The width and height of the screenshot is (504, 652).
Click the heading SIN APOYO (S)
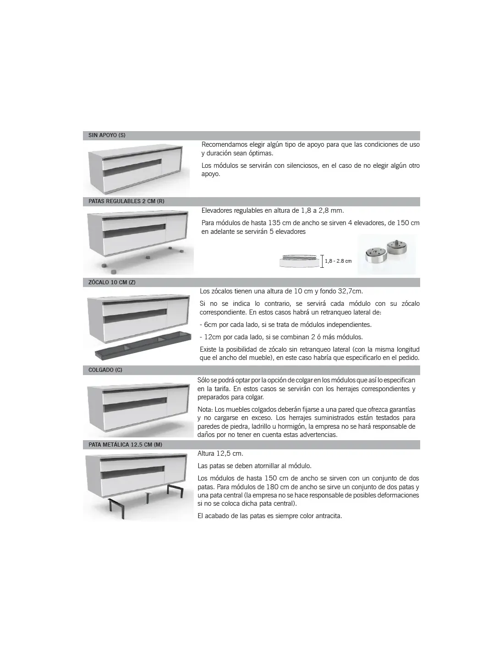tap(107, 135)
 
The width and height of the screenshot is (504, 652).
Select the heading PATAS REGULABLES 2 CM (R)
tap(126, 201)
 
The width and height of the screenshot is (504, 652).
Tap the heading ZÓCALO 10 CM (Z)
tap(112, 282)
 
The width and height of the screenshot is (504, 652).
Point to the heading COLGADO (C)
tap(105, 370)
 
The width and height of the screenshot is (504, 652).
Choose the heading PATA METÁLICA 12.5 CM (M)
tap(125, 445)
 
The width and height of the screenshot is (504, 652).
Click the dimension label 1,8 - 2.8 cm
tap(338, 261)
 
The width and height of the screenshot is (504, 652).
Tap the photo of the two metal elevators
tap(386, 254)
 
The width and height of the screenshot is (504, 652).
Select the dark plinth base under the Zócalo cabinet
tap(143, 345)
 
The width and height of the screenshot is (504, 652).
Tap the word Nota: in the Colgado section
tap(205, 409)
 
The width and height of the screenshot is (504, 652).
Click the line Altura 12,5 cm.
tap(220, 453)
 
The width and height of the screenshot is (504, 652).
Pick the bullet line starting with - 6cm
tap(286, 325)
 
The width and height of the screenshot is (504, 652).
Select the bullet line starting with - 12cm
tap(281, 337)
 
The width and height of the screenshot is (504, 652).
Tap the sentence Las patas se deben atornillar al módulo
tap(255, 466)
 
